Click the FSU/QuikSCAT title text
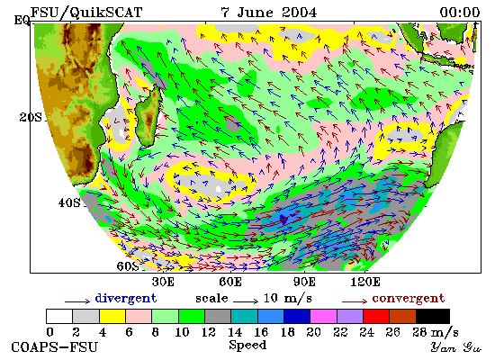86,13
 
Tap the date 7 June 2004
269,13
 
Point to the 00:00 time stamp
460,13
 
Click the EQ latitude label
22,21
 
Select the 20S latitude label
31,118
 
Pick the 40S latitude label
69,202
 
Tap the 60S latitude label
128,266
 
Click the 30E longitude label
163,282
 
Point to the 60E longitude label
230,282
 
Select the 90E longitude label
304,282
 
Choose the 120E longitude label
365,282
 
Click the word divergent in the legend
126,299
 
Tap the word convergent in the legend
409,299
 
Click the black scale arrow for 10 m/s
246,301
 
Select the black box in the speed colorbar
433,317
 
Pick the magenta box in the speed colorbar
324,317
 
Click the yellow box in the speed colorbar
112,317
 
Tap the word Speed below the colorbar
247,346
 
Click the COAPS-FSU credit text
54,347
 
